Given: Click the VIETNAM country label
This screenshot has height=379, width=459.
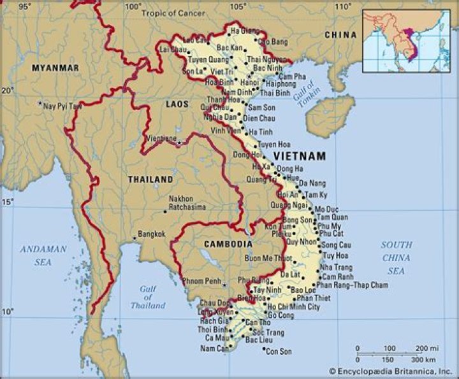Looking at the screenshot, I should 300,156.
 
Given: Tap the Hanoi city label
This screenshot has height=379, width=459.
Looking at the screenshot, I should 249,83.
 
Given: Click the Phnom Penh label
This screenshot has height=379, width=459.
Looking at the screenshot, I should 201,281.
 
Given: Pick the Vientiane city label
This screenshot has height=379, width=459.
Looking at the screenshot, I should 161,138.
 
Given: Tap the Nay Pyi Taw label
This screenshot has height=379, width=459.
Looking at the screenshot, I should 62,106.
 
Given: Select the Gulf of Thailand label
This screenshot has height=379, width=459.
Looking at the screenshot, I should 147,297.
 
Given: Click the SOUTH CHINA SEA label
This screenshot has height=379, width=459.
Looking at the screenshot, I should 396,258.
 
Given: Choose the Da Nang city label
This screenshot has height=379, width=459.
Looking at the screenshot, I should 312,183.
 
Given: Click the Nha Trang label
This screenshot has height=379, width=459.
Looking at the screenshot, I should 335,267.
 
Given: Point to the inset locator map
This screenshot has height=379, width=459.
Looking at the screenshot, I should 405,40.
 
